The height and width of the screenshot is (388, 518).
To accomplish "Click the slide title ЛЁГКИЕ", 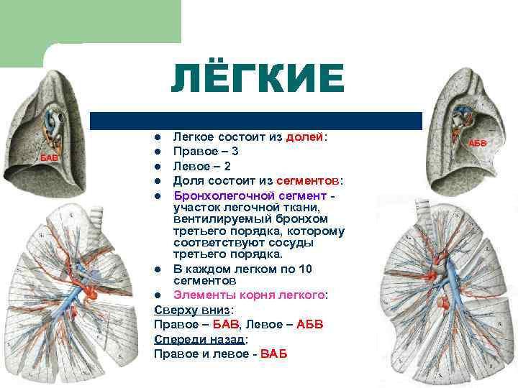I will [258, 78].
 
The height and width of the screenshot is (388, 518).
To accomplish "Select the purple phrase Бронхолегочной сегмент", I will [251, 195].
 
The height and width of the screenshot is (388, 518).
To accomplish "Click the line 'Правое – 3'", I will [206, 151].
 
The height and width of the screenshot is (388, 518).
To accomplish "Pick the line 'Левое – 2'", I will [201, 165].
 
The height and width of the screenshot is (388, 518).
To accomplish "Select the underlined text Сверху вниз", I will [191, 310].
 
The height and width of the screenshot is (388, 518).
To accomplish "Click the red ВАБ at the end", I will [273, 354].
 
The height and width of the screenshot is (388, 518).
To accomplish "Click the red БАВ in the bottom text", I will [223, 324].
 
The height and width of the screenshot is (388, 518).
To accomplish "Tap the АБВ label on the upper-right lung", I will [478, 143].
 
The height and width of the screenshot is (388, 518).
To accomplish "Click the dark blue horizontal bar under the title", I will [255, 120].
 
